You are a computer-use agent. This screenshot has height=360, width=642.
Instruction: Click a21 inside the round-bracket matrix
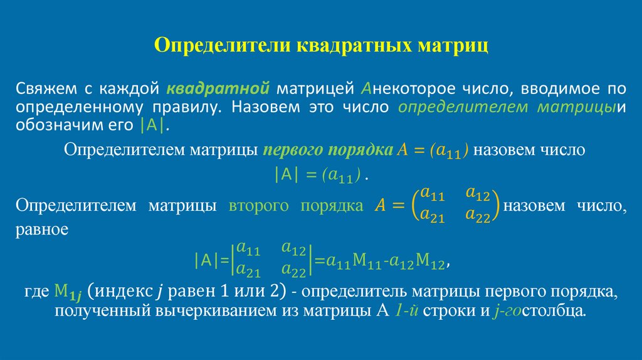(x=433, y=216)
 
